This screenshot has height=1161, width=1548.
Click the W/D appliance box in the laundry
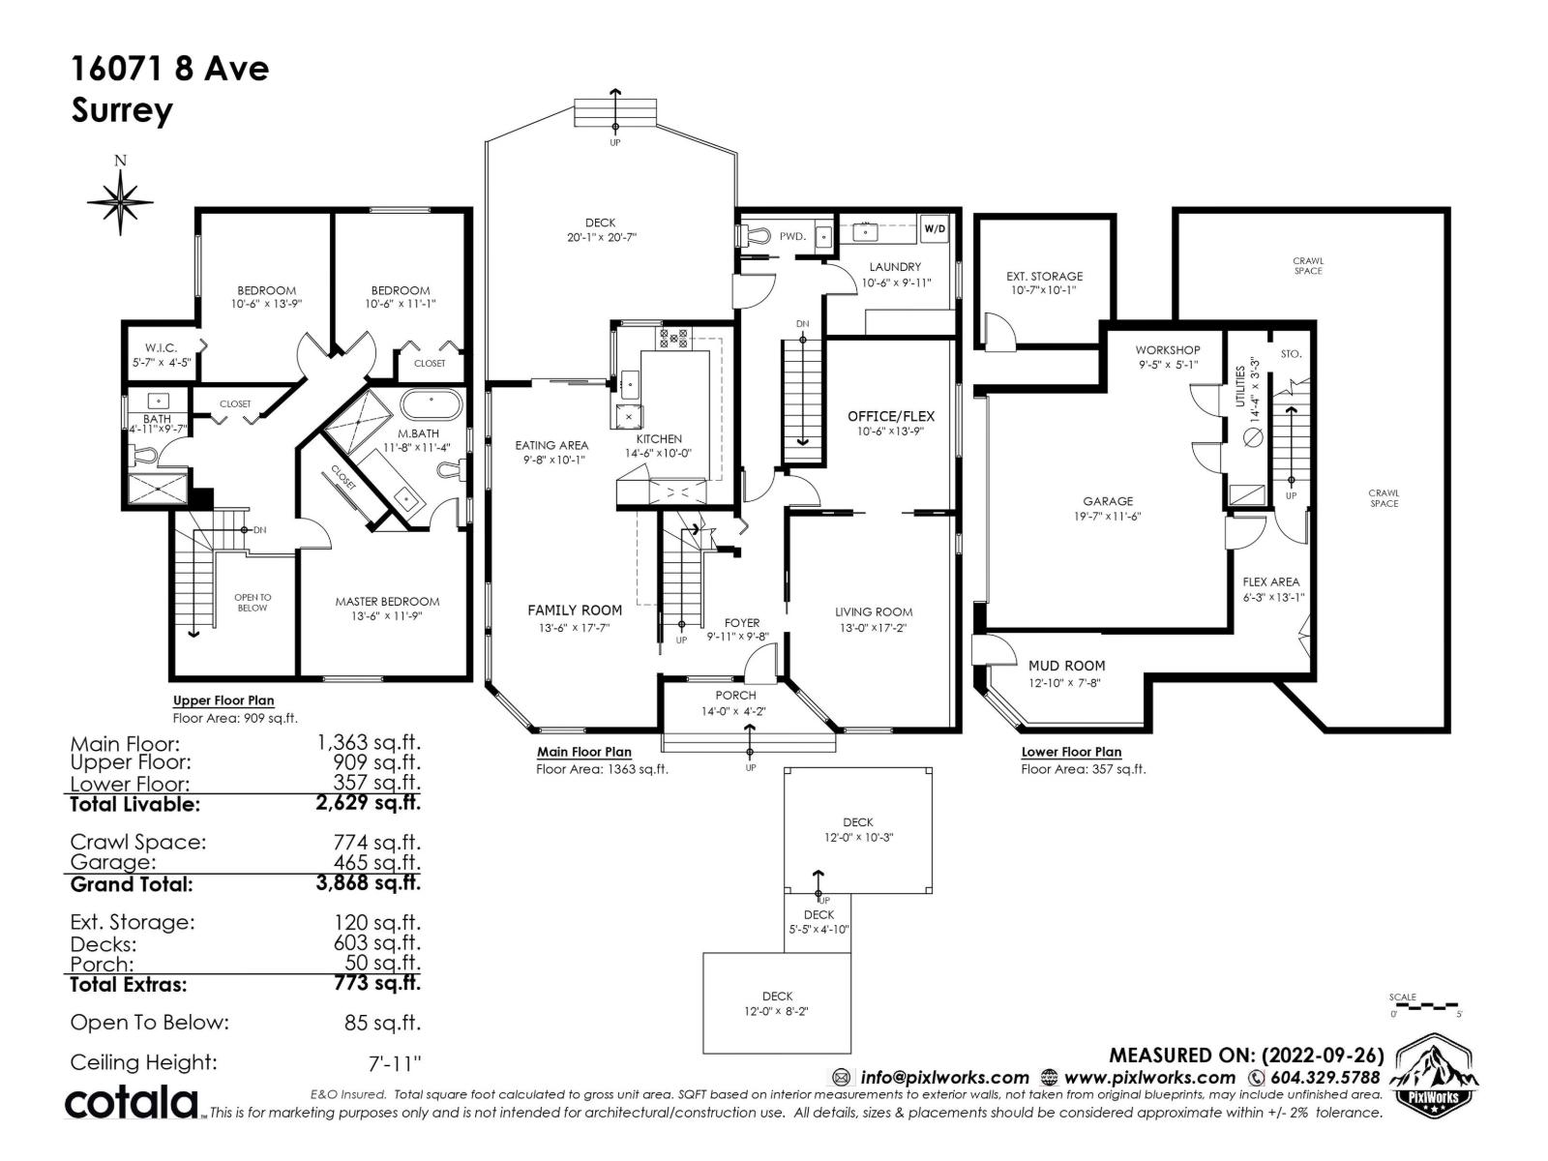coord(934,229)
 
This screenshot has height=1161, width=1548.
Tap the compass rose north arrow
coord(120,201)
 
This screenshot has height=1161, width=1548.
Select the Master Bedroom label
coord(387,601)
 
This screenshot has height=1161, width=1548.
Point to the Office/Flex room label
coord(891,416)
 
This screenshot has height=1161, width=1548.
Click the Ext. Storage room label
coord(1044,276)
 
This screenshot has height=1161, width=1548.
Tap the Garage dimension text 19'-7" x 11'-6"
coord(1108,516)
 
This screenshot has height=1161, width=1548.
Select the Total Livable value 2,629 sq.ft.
coord(368,803)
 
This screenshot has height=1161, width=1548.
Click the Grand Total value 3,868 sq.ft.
coord(368,882)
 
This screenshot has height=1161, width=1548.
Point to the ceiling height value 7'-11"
coord(395,1062)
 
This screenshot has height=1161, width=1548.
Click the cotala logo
coord(132,1102)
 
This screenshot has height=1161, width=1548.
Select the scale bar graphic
coord(1425,1007)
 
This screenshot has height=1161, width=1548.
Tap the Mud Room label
coord(1066,666)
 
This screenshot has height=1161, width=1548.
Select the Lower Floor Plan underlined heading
coord(1071,752)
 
